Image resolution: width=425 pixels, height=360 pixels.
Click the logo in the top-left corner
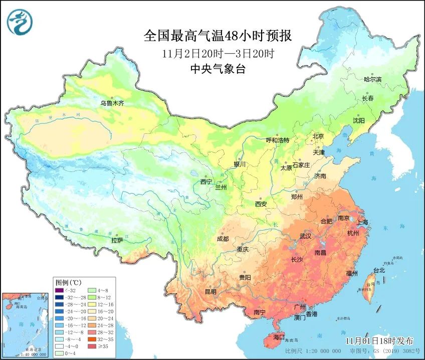click(20, 21)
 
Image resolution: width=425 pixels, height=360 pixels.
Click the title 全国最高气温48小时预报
click(217, 36)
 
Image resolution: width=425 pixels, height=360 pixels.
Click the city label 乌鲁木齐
click(112, 104)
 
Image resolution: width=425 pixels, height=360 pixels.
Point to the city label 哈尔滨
click(372, 79)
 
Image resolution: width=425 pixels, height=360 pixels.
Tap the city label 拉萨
click(117, 241)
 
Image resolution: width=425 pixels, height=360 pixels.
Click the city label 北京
click(318, 136)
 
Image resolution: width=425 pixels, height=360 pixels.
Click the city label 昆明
click(210, 292)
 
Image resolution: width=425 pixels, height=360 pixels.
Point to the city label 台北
click(378, 271)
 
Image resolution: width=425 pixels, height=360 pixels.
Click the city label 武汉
click(305, 236)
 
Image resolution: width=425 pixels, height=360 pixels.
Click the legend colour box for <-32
click(61, 290)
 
